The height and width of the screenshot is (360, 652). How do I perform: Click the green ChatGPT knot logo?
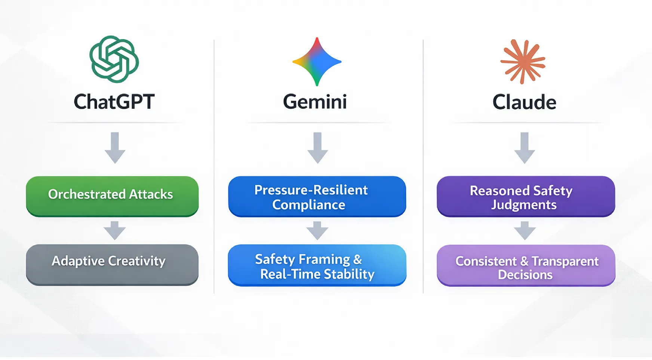pyautogui.click(x=114, y=59)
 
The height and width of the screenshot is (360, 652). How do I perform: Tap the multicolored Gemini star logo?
pyautogui.click(x=317, y=62)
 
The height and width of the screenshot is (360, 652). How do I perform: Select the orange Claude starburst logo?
pyautogui.click(x=523, y=61)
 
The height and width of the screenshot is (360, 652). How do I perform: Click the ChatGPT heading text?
pyautogui.click(x=114, y=102)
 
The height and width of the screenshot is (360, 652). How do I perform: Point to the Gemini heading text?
pyautogui.click(x=315, y=102)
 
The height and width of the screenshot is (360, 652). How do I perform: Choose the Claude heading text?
pyautogui.click(x=524, y=102)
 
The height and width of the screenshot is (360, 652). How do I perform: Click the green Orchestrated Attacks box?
pyautogui.click(x=112, y=196)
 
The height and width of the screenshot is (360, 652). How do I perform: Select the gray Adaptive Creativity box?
pyautogui.click(x=112, y=265)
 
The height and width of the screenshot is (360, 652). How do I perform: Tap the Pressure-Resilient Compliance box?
pyautogui.click(x=317, y=197)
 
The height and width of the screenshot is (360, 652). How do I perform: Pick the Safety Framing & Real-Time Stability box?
pyautogui.click(x=317, y=265)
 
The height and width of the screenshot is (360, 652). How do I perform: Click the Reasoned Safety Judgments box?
pyautogui.click(x=526, y=197)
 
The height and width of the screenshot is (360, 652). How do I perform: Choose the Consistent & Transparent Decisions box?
pyautogui.click(x=526, y=266)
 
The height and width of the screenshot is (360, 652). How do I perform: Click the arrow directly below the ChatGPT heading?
pyautogui.click(x=115, y=148)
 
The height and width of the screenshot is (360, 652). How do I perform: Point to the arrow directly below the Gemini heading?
pyautogui.click(x=317, y=148)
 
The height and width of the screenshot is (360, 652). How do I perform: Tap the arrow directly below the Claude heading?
pyautogui.click(x=525, y=148)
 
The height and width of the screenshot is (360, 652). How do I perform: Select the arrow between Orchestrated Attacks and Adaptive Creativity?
pyautogui.click(x=115, y=230)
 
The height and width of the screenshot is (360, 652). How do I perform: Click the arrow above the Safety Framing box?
pyautogui.click(x=317, y=230)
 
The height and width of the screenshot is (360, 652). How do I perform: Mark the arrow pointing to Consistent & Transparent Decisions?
pyautogui.click(x=525, y=230)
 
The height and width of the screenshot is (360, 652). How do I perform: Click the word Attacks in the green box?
pyautogui.click(x=151, y=194)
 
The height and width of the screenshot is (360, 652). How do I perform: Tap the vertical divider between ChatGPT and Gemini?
pyautogui.click(x=214, y=166)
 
